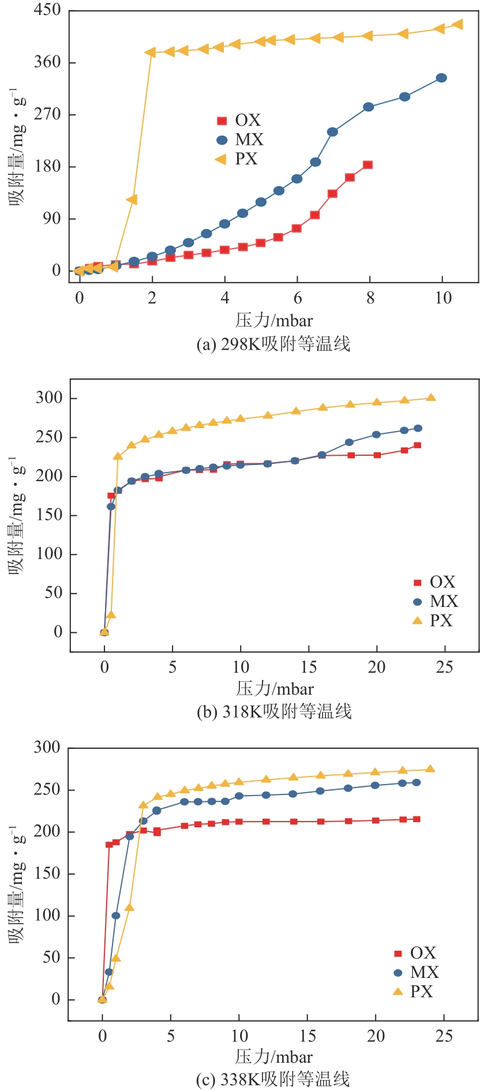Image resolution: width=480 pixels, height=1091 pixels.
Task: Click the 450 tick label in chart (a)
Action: [47, 10]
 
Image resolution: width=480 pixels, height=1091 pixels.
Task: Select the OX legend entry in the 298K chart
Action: [239, 120]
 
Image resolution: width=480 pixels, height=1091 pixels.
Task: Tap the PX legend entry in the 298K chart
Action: [237, 159]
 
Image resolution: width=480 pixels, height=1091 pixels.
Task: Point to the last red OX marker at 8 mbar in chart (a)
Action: [368, 165]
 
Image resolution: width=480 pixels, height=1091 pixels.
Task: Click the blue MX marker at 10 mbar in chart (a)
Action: [441, 78]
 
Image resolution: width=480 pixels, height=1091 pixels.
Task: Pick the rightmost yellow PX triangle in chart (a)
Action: [458, 24]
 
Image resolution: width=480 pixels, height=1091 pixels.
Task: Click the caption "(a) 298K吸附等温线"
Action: [273, 344]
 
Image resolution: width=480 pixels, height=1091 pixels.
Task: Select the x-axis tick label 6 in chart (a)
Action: [298, 298]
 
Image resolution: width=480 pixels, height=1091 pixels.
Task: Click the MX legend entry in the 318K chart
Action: [436, 601]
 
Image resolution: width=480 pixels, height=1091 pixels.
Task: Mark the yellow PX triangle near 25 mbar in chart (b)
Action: [431, 398]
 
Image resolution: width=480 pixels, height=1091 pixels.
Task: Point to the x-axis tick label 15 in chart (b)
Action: [309, 668]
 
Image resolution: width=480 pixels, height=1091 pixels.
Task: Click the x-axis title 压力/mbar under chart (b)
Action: [275, 689]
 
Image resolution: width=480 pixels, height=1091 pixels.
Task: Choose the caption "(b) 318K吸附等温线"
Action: [274, 712]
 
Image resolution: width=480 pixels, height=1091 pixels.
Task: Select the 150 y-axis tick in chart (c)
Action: [47, 873]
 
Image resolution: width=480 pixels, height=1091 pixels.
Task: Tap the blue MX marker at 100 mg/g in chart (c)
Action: [116, 916]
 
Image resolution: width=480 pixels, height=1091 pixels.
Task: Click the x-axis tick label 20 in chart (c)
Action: [376, 1036]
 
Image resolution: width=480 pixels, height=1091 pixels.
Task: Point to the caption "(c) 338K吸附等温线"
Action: [273, 1079]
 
